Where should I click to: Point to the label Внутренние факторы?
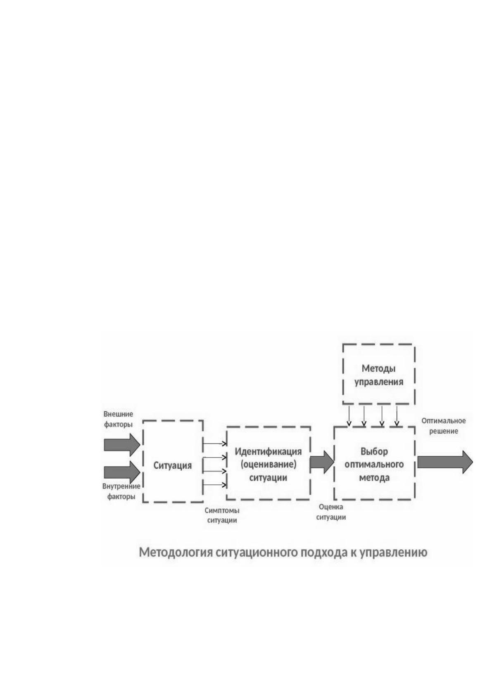pyautogui.click(x=121, y=491)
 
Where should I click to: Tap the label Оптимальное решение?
pyautogui.click(x=444, y=426)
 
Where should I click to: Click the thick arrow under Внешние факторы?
pyautogui.click(x=122, y=445)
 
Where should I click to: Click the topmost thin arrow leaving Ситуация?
pyautogui.click(x=215, y=444)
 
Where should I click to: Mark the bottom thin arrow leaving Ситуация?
pyautogui.click(x=215, y=485)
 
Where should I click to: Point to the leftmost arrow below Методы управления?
pyautogui.click(x=349, y=416)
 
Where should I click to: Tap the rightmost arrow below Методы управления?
pyautogui.click(x=397, y=416)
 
